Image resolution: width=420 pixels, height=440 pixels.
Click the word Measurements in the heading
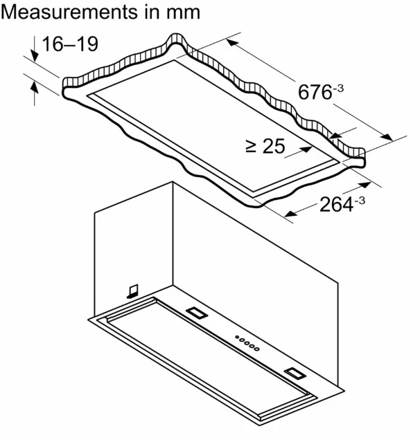click(x=70, y=12)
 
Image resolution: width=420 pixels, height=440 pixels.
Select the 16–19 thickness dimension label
click(x=70, y=44)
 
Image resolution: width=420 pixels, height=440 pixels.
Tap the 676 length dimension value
click(x=315, y=92)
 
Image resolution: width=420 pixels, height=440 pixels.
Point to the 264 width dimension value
click(x=336, y=204)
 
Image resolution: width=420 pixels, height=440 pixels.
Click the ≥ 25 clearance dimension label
click(x=265, y=146)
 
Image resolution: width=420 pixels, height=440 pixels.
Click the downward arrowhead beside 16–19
click(x=35, y=55)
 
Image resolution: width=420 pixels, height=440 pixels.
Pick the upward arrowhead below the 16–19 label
click(x=34, y=86)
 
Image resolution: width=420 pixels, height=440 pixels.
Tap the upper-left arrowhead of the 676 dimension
click(x=232, y=42)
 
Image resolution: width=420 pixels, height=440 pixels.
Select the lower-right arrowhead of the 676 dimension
click(x=387, y=137)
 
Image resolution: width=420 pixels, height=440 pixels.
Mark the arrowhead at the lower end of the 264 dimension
click(x=290, y=214)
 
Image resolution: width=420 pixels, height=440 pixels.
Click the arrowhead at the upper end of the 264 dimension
click(x=365, y=185)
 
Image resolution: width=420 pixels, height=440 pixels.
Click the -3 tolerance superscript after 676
click(x=338, y=88)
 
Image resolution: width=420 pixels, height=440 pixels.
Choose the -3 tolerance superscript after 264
click(x=360, y=201)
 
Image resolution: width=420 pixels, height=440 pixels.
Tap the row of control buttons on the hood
click(x=247, y=343)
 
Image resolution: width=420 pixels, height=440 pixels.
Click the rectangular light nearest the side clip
click(x=197, y=313)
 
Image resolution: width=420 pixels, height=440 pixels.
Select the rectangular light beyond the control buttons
click(x=295, y=374)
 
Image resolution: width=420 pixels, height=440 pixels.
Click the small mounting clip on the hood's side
click(x=132, y=291)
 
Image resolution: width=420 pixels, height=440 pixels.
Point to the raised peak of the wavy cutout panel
click(x=176, y=39)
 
